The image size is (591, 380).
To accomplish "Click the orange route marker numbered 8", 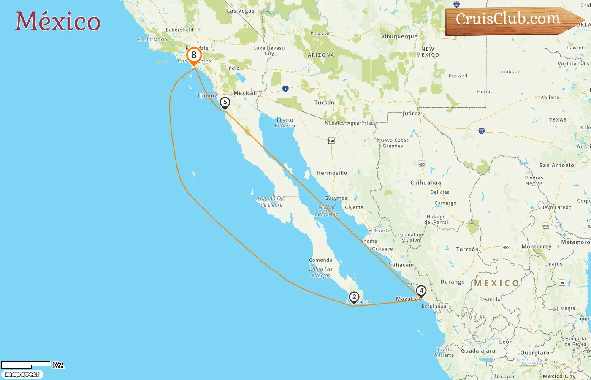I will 194,55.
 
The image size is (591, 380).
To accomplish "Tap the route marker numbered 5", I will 225,103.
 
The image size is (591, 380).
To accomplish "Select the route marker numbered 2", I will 354,297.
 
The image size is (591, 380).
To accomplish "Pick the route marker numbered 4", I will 421,291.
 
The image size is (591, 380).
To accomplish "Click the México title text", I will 58,21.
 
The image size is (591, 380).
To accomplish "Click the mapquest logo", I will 22,375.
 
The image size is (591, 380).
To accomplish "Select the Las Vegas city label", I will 240,11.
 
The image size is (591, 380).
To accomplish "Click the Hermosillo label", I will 332,173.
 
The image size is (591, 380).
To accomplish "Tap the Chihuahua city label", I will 426,183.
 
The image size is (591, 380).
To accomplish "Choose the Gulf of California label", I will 326,211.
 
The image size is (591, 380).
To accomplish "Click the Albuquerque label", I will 399,37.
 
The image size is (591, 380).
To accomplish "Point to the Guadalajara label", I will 478,351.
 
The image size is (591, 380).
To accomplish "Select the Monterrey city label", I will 537,247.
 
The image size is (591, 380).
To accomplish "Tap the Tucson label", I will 324,103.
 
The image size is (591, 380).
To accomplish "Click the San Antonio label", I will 557,166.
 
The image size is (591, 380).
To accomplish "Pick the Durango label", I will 452,282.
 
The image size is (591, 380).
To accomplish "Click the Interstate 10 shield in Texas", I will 482,131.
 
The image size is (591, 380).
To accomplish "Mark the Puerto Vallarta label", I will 445,352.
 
